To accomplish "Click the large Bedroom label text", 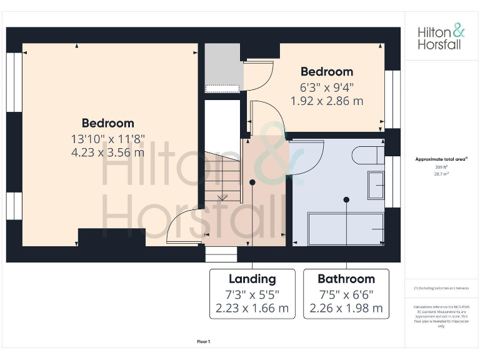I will [x=107, y=123].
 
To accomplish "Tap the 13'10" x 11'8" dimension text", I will [x=107, y=138].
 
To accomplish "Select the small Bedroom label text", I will [x=326, y=72].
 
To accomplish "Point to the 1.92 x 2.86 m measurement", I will [x=326, y=101].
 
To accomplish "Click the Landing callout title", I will [x=252, y=279].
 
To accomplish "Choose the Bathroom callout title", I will [x=346, y=279].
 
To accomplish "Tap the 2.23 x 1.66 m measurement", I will [x=252, y=308].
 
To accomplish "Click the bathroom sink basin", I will [x=376, y=184].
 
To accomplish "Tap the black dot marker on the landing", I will [x=252, y=182].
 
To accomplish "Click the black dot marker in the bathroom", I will [x=346, y=200].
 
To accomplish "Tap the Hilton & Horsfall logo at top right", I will [x=441, y=37].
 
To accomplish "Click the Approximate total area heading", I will [x=442, y=159].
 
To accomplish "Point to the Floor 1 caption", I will [x=204, y=342].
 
